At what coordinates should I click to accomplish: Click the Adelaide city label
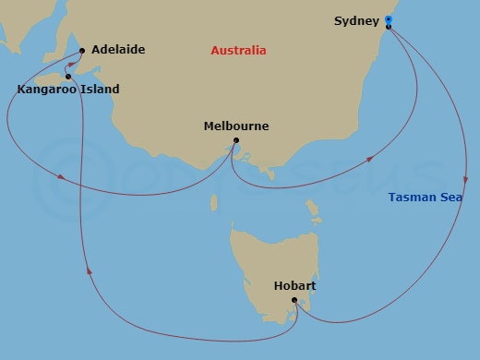pyautogui.click(x=118, y=49)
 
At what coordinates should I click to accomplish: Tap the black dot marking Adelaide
pyautogui.click(x=82, y=50)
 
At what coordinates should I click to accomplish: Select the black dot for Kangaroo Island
pyautogui.click(x=68, y=77)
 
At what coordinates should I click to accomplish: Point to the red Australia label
pyautogui.click(x=238, y=50)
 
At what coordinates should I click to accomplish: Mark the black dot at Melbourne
pyautogui.click(x=235, y=140)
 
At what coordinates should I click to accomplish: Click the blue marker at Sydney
pyautogui.click(x=389, y=18)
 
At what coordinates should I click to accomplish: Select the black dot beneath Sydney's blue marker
pyautogui.click(x=389, y=26)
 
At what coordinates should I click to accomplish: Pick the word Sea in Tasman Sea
pyautogui.click(x=451, y=197)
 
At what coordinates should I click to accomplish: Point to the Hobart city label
pyautogui.click(x=294, y=286)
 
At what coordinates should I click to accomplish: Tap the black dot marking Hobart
pyautogui.click(x=294, y=300)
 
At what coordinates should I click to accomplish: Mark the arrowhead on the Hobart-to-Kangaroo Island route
pyautogui.click(x=90, y=270)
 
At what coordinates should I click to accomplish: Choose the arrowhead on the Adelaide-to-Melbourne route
pyautogui.click(x=61, y=176)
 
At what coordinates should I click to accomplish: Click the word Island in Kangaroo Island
pyautogui.click(x=100, y=90)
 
